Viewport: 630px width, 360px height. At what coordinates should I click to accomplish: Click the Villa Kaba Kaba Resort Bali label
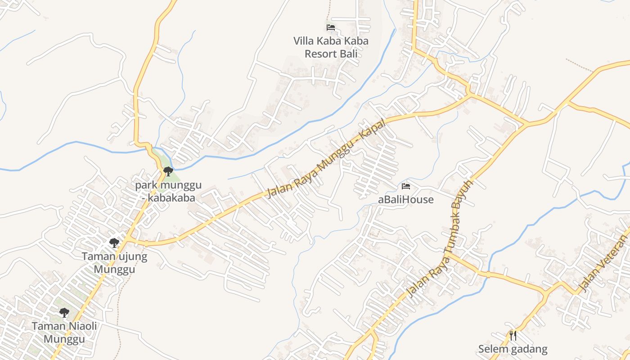(x=331, y=47)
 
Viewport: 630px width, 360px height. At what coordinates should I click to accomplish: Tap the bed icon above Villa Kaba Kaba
(x=331, y=27)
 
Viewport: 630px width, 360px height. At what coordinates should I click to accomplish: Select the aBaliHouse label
(x=406, y=199)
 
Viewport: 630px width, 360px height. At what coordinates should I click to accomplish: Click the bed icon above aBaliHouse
(x=406, y=186)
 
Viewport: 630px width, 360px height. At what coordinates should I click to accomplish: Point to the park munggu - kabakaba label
(x=168, y=192)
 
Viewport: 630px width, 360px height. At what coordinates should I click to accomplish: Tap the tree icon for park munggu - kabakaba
(x=168, y=171)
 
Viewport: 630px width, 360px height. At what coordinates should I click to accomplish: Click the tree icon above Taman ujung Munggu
(x=114, y=243)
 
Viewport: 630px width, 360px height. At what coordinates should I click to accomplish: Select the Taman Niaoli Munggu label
(x=64, y=332)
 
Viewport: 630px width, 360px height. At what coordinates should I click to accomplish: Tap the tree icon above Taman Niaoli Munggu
(x=64, y=312)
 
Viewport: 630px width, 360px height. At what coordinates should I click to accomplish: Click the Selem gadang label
(x=513, y=349)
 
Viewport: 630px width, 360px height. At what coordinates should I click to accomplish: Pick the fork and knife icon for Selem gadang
(x=513, y=335)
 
